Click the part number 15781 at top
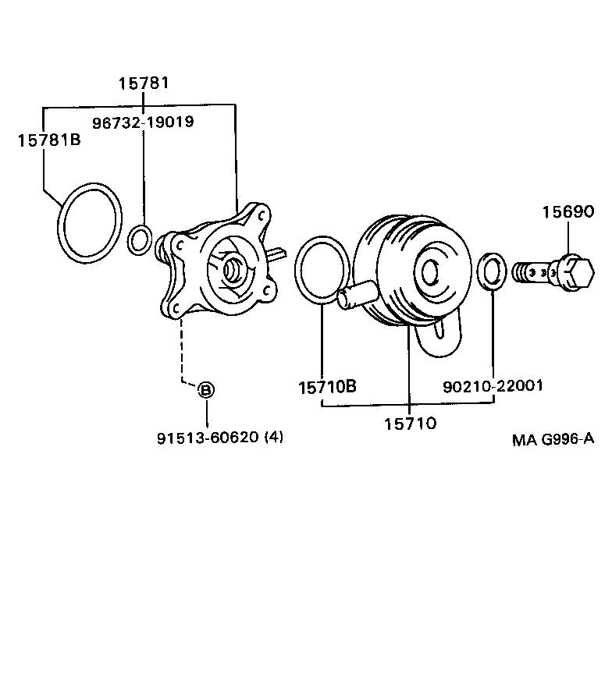pyautogui.click(x=144, y=83)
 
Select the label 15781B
pyautogui.click(x=49, y=140)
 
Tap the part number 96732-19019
pyautogui.click(x=143, y=122)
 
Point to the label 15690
pyautogui.click(x=568, y=212)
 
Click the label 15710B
pyautogui.click(x=328, y=387)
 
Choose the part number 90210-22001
pyautogui.click(x=493, y=386)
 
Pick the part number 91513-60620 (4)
pyautogui.click(x=220, y=438)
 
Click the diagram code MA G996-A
pyautogui.click(x=553, y=439)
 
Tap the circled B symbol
pyautogui.click(x=206, y=390)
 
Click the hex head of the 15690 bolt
pyautogui.click(x=576, y=272)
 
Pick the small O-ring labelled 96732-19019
pyautogui.click(x=129, y=240)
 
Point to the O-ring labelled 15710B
pyautogui.click(x=297, y=270)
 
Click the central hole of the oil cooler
pyautogui.click(x=429, y=272)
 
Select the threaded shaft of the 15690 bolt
pyautogui.click(x=535, y=272)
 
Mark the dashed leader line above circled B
pyautogui.click(x=182, y=351)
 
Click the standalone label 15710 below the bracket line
pyautogui.click(x=410, y=424)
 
